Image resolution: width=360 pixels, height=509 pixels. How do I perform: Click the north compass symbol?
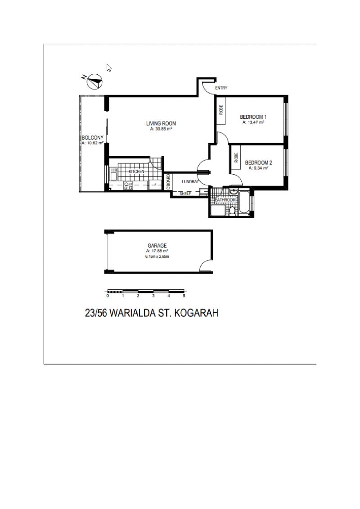pos(94,81)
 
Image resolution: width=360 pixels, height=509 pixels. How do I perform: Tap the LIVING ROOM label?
pos(161,123)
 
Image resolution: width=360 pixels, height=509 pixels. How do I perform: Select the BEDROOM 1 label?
pos(253,117)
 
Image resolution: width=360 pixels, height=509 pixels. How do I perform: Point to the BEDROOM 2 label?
pos(258,162)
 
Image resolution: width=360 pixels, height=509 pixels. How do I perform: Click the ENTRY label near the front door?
pos(221,88)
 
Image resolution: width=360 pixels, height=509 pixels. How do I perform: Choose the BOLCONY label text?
pos(93,138)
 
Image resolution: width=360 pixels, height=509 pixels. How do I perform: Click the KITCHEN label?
pos(137,171)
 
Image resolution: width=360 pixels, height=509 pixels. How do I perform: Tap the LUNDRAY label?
pos(190,182)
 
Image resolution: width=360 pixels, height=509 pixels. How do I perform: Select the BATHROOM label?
pos(225,200)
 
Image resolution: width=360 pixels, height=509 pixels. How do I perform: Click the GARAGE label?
pos(157,246)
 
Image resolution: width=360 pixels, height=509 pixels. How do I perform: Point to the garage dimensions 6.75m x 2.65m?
pos(157,257)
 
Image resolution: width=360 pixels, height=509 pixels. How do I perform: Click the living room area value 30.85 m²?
pos(161,129)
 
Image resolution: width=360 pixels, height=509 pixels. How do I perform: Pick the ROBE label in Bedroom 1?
pos(221,110)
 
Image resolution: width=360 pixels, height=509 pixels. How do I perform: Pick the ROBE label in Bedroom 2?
pos(236,158)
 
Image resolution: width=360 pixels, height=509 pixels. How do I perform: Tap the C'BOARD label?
pos(168,182)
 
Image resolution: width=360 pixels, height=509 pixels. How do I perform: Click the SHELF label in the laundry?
pos(185,194)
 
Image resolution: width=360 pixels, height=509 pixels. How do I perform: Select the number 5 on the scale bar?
pos(184,296)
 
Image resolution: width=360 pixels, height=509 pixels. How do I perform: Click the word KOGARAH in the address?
pos(197,313)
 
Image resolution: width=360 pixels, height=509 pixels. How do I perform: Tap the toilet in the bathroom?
pos(232,210)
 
